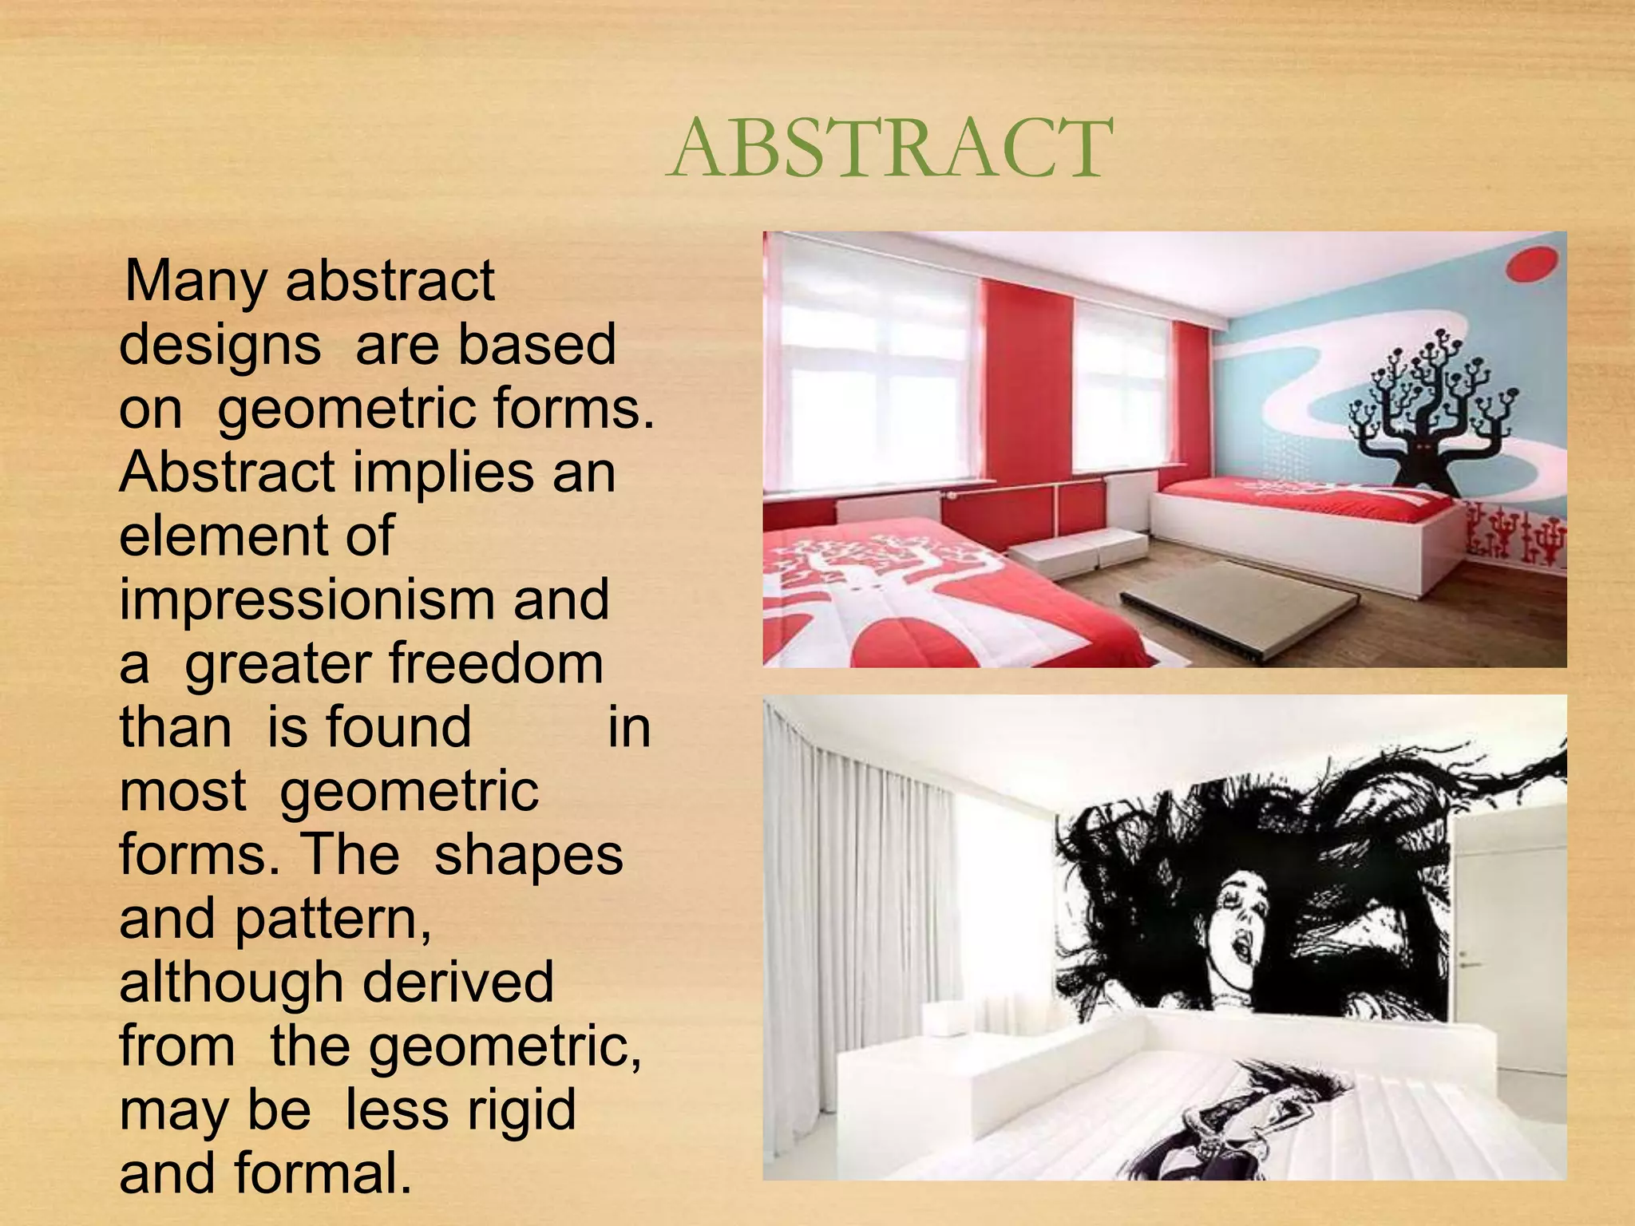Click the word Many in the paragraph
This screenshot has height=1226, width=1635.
[x=196, y=281]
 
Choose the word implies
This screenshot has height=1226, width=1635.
[x=443, y=473]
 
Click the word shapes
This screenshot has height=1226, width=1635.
[x=528, y=855]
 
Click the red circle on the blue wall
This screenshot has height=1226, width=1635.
[x=1532, y=264]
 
